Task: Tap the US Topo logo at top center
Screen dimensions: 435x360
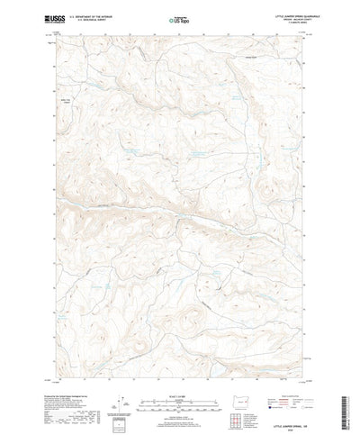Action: coord(178,16)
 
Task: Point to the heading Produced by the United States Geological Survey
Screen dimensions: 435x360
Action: coord(76,382)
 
